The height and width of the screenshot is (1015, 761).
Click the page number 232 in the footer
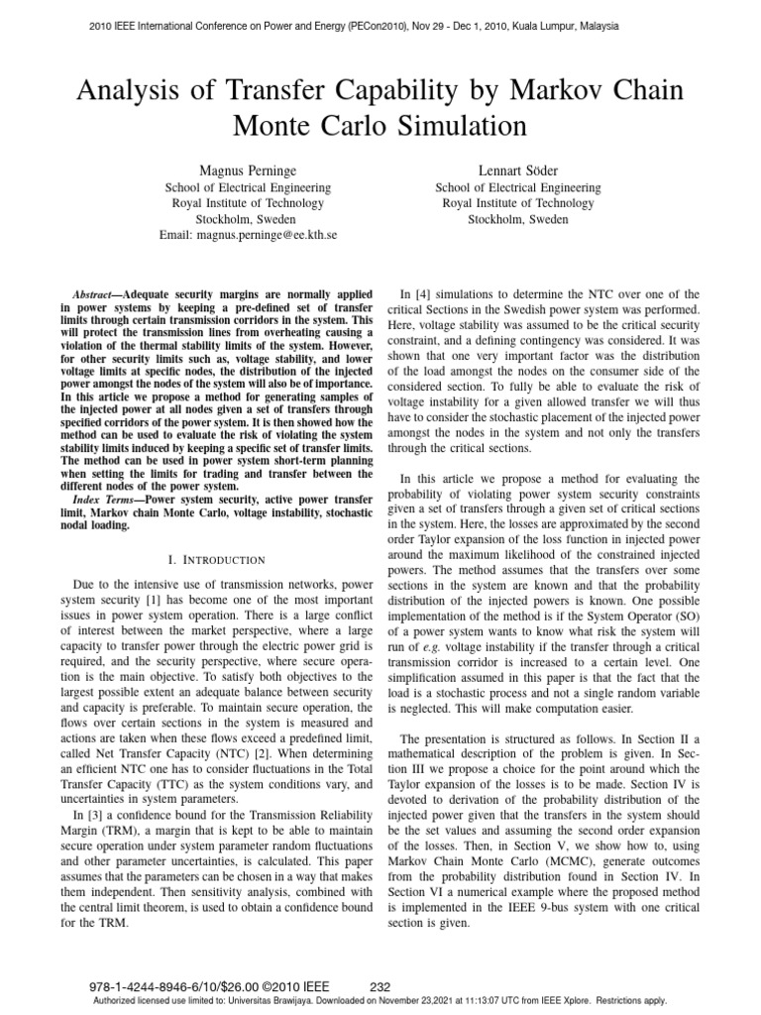click(x=380, y=986)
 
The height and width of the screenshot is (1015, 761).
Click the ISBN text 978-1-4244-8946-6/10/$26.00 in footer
click(x=173, y=986)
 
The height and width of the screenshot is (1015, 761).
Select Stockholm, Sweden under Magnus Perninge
click(x=248, y=219)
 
